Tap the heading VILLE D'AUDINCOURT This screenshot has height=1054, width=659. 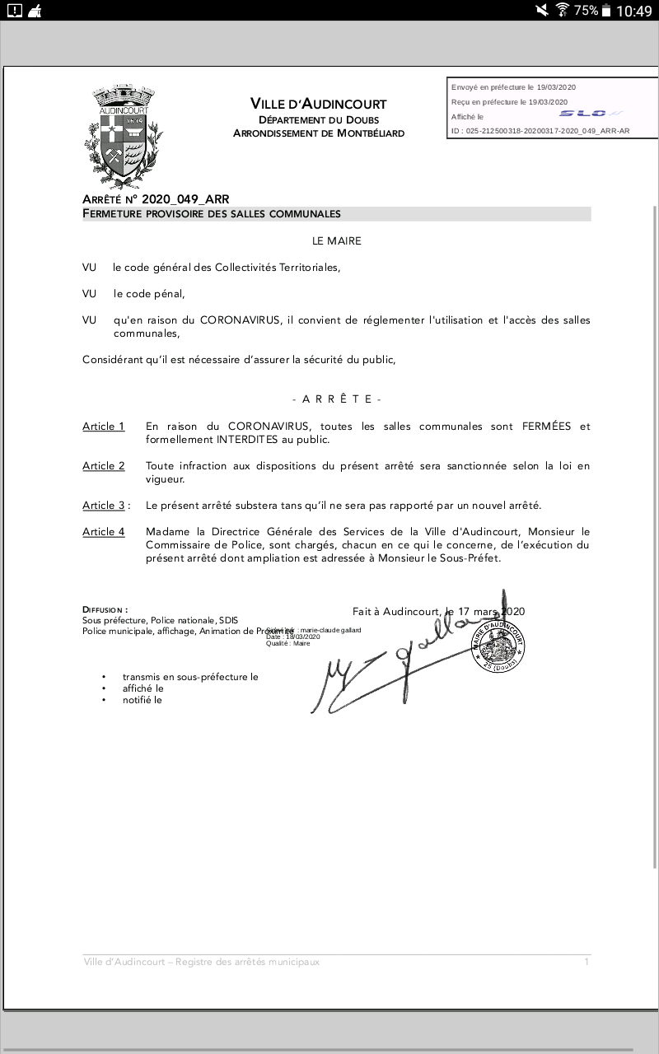point(318,104)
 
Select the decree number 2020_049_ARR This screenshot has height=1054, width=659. point(185,199)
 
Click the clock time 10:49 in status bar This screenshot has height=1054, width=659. point(633,11)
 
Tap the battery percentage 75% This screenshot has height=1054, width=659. point(586,11)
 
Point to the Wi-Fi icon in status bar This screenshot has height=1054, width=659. point(563,10)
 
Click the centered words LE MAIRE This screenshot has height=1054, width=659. point(336,241)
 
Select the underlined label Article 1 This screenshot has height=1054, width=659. point(104,427)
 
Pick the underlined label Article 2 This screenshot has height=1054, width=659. point(104,466)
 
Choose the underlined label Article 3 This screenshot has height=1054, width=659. point(104,506)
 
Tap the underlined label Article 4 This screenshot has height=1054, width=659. point(104,532)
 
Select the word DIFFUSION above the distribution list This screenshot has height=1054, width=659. point(105,610)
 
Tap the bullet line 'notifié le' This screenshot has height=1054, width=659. point(143,700)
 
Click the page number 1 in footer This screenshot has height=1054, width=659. point(587,962)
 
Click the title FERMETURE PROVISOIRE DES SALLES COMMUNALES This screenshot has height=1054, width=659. point(212,214)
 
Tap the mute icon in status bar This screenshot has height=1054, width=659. point(541,10)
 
